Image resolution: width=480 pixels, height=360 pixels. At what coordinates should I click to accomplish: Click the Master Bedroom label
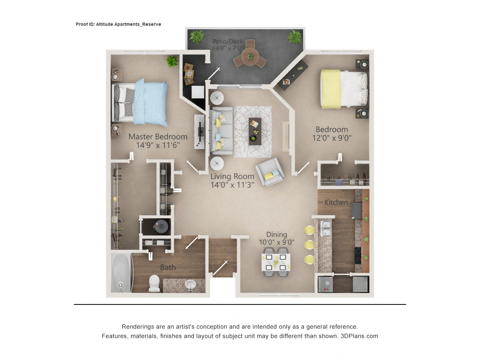(158, 136)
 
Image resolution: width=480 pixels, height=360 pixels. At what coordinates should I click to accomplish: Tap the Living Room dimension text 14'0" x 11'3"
(232, 185)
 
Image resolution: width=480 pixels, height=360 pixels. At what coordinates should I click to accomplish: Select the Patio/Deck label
(227, 41)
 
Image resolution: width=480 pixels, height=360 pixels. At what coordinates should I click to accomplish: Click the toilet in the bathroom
(154, 283)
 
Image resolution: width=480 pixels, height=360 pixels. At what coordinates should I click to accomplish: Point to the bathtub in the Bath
(121, 273)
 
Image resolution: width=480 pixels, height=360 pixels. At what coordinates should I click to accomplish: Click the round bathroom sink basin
(190, 285)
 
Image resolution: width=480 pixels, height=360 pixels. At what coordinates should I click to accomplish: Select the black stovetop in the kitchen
(358, 255)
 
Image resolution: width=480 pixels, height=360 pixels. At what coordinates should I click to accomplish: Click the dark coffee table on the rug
(255, 131)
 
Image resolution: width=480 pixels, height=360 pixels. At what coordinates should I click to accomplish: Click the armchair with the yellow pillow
(269, 172)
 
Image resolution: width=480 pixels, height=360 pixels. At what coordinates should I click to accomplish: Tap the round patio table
(250, 57)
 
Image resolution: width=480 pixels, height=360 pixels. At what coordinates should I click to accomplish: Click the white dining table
(276, 262)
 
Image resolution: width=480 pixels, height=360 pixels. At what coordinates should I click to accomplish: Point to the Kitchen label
(336, 202)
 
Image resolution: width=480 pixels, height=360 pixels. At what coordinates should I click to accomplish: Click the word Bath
(168, 267)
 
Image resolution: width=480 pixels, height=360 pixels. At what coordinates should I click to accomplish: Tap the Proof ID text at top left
(118, 24)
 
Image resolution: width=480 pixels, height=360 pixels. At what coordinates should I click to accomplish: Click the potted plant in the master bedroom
(172, 61)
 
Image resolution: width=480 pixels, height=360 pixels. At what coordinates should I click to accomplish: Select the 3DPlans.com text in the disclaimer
(359, 336)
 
